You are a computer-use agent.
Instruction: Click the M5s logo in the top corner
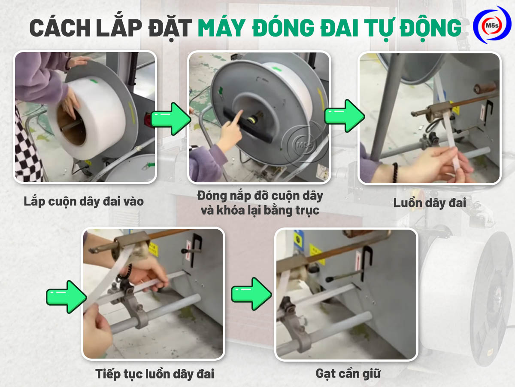coord(492,25)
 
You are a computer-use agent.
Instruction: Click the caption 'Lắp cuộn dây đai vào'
coord(84,202)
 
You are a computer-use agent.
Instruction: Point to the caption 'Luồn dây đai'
coord(429,203)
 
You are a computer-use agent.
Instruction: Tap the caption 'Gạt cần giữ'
coord(348,374)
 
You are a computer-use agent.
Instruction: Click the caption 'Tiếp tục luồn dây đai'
coord(154,374)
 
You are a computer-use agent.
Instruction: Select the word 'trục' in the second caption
coord(307,210)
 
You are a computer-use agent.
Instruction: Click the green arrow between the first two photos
coord(171,119)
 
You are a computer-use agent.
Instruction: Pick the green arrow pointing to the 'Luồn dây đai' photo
coord(345,116)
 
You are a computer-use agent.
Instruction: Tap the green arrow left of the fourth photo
coord(67,297)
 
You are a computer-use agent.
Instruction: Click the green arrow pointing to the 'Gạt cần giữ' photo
coord(251,294)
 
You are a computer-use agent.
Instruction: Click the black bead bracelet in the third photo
coord(395,172)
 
